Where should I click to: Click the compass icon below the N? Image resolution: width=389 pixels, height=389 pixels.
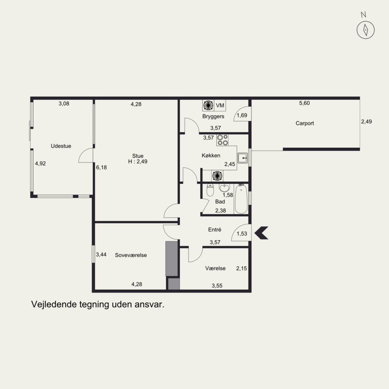(366, 30)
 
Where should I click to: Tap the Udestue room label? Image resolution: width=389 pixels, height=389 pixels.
(61, 146)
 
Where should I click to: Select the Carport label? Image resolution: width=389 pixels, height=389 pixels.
(305, 124)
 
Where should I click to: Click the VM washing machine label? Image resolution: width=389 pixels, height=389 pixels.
(220, 106)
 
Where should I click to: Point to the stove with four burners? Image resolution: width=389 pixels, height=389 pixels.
(223, 140)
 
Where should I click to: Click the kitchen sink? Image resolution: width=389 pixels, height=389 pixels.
(242, 158)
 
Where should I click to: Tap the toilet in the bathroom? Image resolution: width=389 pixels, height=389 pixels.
(210, 190)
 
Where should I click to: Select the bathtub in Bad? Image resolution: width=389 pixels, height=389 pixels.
(241, 199)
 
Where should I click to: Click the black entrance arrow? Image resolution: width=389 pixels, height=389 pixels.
(262, 233)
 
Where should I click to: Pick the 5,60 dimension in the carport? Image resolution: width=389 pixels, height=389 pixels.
(304, 103)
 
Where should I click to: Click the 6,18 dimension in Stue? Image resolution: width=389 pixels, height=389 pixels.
(102, 167)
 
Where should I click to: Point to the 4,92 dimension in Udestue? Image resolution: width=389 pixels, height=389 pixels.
(40, 163)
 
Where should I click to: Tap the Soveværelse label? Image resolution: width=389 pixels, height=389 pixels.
(131, 255)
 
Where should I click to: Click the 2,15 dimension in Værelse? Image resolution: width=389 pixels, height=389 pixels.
(241, 268)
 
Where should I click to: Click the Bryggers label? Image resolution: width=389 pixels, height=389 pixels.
(213, 116)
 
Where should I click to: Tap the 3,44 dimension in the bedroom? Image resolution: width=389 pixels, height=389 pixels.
(101, 254)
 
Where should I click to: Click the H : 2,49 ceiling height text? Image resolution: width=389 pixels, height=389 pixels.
(138, 161)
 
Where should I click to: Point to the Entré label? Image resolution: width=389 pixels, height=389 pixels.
(214, 230)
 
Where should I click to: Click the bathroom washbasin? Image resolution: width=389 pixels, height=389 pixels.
(224, 188)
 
